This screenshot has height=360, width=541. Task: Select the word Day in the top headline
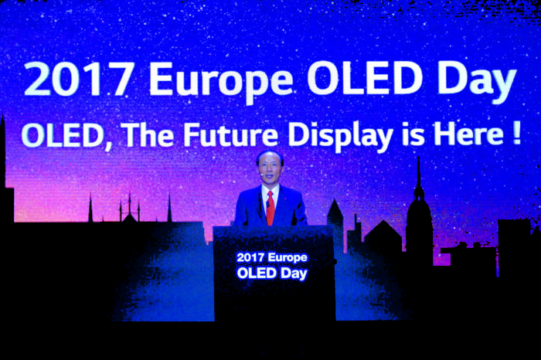pos(476,80)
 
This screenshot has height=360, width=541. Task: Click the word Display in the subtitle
pos(339,136)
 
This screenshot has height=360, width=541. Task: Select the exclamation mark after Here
pos(515,134)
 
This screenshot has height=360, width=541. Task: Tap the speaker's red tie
pos(270,209)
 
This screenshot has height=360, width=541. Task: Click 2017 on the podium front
pos(250,257)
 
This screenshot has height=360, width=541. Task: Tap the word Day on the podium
pos(294,273)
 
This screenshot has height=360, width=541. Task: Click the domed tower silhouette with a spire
pos(418,216)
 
